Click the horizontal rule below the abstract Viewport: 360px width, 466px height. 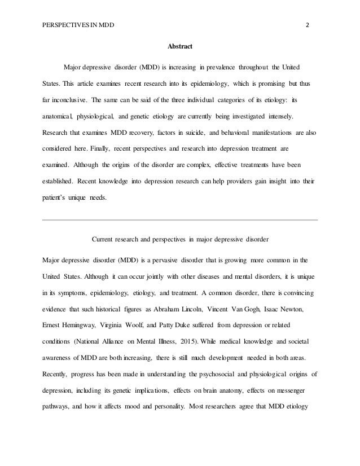coord(180,219)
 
